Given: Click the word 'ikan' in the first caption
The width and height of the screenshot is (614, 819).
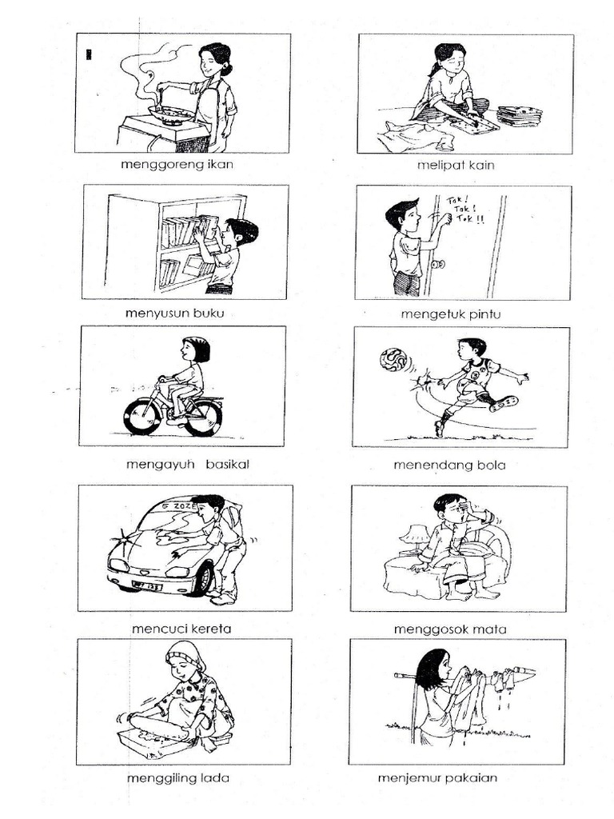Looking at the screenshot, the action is coord(220,164).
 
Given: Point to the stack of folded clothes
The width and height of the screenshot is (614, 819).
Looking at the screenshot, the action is coord(520,116).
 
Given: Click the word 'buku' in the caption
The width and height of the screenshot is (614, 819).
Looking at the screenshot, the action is coord(209,313).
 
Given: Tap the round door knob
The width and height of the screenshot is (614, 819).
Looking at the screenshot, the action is coord(439,264).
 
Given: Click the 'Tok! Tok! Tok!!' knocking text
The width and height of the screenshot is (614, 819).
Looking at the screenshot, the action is coord(464,210).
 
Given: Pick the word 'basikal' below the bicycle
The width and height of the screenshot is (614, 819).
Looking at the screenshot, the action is coord(227,464).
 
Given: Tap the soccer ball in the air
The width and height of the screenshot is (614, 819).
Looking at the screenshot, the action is coord(393,361).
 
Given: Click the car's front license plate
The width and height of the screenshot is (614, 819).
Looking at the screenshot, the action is coord(147,585).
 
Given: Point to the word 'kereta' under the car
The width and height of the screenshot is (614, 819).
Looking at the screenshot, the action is coord(211,629).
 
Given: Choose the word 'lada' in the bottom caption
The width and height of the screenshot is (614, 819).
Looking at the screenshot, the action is coord(215,777).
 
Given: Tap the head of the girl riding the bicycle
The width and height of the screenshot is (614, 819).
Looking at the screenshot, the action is coord(195,349).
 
